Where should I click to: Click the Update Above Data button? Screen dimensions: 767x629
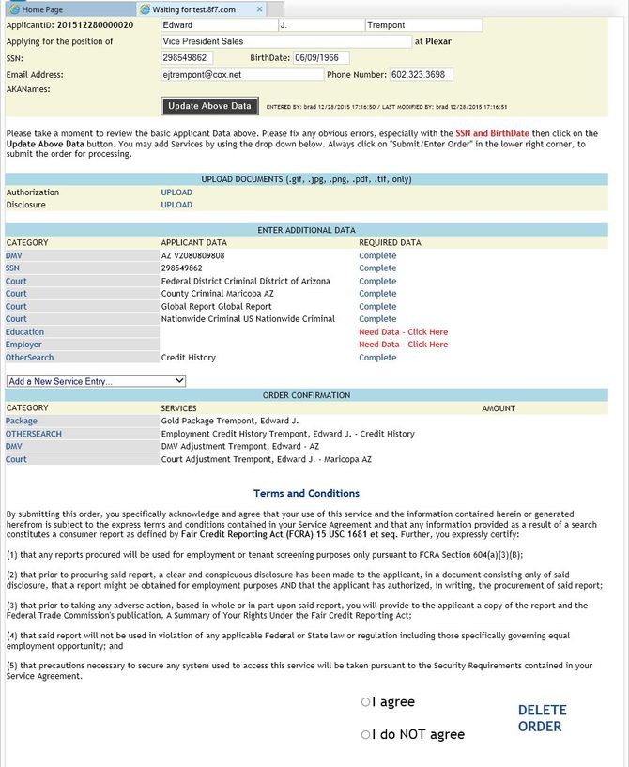pos(210,106)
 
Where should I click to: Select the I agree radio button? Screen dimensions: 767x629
pos(366,702)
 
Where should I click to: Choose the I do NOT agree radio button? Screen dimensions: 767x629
pos(366,735)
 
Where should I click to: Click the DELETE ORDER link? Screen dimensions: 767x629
pos(543,718)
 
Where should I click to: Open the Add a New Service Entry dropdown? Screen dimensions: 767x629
pos(96,381)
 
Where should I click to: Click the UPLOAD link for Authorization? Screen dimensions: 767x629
pos(176,192)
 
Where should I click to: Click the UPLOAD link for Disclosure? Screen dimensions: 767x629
pos(176,205)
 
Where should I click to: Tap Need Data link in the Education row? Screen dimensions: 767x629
pos(403,332)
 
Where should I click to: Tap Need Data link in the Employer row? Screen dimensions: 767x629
pos(403,345)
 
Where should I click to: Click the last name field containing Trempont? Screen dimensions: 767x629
pos(422,26)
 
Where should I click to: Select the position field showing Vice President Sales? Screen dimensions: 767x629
pos(284,41)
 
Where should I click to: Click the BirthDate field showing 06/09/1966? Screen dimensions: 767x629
pos(320,57)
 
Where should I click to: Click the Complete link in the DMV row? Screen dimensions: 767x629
pos(377,255)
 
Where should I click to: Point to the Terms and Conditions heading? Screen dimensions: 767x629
pos(306,493)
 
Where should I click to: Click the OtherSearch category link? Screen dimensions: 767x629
pos(29,358)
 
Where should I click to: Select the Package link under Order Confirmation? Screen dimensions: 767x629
pos(22,422)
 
